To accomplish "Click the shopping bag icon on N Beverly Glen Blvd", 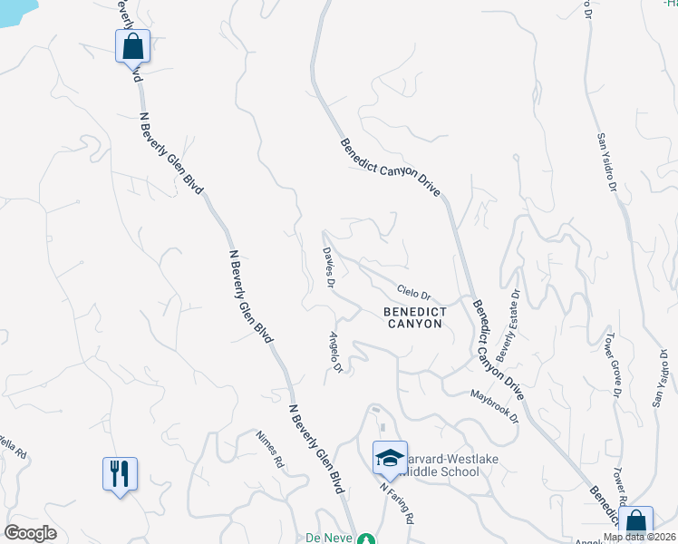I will tap(132, 45).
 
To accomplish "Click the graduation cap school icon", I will tap(388, 458).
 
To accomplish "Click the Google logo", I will tap(30, 533).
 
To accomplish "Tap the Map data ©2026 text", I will tap(640, 537).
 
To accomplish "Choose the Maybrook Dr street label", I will tap(494, 405).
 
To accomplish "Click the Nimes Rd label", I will tap(270, 448).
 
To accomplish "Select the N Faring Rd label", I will tap(397, 503).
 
